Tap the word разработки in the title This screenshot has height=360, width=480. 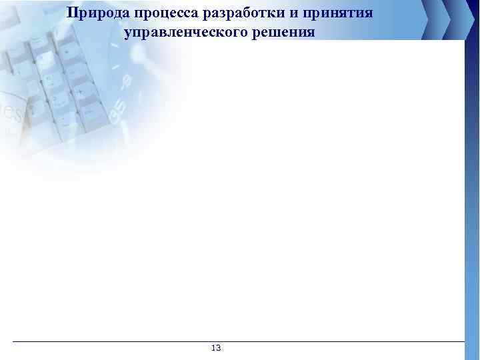(235, 13)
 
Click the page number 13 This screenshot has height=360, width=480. (216, 348)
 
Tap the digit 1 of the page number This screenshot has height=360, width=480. (213, 348)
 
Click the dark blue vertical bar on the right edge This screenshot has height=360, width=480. (471, 187)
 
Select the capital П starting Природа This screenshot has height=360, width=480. (72, 13)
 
